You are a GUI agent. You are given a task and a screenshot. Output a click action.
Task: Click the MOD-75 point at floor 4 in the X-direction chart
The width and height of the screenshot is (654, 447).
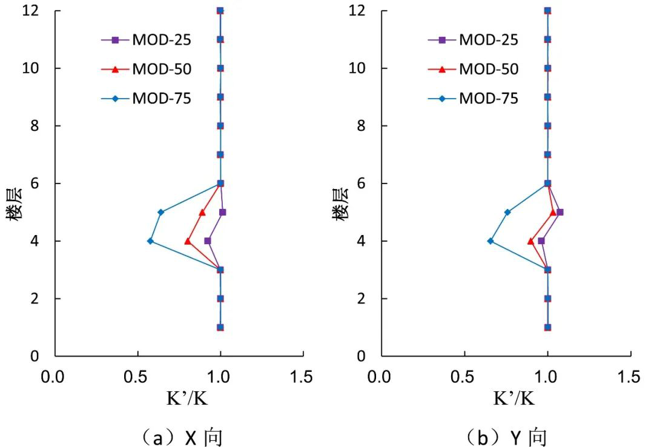(x=150, y=241)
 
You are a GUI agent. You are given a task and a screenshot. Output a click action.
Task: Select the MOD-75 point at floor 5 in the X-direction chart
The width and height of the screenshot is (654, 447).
(x=160, y=212)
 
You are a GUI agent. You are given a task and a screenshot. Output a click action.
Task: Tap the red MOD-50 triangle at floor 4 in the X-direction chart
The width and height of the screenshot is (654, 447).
(x=188, y=241)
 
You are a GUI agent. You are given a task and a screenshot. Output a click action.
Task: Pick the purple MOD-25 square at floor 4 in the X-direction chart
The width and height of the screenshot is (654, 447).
(x=208, y=241)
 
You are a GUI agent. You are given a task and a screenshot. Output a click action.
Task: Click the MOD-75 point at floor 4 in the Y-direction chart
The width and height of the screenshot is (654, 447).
(x=490, y=241)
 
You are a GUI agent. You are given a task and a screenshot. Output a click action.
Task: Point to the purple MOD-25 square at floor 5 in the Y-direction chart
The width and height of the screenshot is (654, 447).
(x=560, y=212)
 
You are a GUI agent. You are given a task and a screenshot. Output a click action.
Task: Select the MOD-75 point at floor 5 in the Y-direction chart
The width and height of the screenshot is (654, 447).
(x=507, y=212)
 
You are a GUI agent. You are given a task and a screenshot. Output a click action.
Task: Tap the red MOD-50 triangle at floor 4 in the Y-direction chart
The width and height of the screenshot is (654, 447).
(x=531, y=241)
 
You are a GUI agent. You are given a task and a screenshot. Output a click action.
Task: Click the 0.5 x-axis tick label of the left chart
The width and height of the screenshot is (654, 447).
(x=137, y=377)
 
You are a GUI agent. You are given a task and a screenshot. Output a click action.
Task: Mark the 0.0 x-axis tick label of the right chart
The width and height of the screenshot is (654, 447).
(x=381, y=377)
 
